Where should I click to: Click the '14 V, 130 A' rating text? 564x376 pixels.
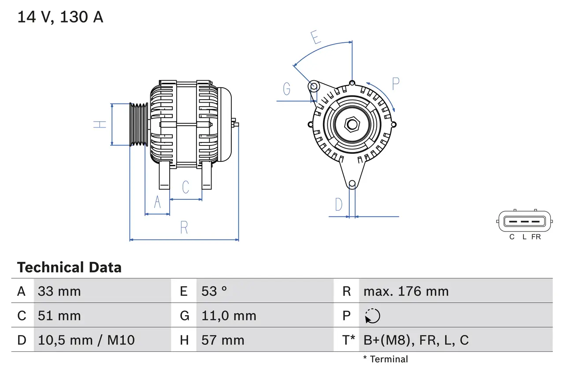click(60, 17)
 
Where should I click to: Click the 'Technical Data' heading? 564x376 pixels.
click(69, 267)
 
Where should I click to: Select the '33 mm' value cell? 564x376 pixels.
click(59, 291)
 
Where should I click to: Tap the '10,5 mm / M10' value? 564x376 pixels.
click(86, 340)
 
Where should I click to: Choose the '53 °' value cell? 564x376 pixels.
click(214, 291)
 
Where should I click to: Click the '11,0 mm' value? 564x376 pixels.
click(229, 316)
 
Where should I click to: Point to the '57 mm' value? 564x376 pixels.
click(223, 340)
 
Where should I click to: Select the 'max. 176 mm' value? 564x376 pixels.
click(406, 291)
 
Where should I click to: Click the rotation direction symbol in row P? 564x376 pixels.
click(372, 316)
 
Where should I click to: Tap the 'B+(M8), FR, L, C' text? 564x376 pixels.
click(416, 340)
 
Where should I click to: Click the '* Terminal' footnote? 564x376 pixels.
click(386, 359)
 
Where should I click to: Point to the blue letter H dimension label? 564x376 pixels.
click(100, 124)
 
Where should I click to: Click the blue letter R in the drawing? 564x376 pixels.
click(184, 227)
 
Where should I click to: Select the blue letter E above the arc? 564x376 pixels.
click(315, 37)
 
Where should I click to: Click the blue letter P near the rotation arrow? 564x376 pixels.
click(395, 84)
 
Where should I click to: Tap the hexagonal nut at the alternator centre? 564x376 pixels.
click(352, 124)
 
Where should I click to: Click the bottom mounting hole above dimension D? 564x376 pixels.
click(352, 184)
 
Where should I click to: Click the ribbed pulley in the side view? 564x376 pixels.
click(139, 124)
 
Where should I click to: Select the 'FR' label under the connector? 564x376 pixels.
click(536, 237)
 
